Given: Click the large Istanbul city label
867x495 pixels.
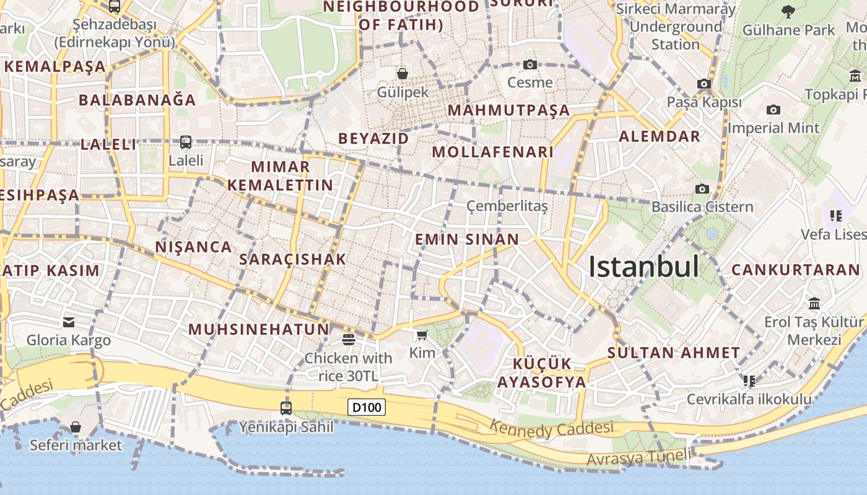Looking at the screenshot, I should (643, 267).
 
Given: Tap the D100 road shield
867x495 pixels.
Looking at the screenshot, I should (367, 407).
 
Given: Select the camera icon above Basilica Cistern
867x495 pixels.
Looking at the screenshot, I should (702, 189).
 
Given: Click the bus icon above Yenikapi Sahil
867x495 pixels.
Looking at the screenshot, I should (286, 408).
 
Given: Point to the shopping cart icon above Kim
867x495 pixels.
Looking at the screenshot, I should (422, 335).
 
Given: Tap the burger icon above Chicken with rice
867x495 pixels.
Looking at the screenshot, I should (348, 339).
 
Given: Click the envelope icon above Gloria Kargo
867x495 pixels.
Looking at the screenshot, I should (69, 322).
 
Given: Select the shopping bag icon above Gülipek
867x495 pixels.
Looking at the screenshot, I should (403, 74).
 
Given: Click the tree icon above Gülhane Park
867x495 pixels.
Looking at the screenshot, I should (788, 11).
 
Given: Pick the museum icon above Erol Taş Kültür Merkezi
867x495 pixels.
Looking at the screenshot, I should (814, 304).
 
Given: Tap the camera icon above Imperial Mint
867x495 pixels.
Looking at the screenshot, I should (773, 110).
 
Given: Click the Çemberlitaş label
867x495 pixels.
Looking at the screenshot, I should (507, 206).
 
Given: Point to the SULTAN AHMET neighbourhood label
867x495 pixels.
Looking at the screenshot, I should (673, 353).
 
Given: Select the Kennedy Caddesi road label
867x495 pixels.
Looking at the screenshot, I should (552, 428).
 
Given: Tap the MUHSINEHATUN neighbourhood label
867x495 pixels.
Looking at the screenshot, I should (259, 329).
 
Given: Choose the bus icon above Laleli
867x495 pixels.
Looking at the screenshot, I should (186, 142).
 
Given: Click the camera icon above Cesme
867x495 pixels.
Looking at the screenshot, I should (529, 64).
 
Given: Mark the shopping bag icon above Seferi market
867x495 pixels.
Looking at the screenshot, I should (76, 427).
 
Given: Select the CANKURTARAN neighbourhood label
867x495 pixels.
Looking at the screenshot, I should (796, 270).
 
